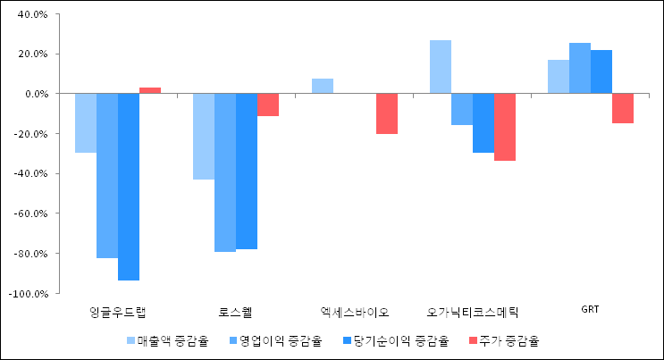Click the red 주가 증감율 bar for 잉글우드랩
pyautogui.click(x=150, y=90)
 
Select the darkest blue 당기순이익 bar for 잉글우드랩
pyautogui.click(x=129, y=187)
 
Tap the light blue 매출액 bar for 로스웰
pyautogui.click(x=204, y=137)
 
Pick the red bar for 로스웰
pyautogui.click(x=268, y=105)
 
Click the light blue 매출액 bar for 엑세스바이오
pyautogui.click(x=323, y=86)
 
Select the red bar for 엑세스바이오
pyautogui.click(x=387, y=113)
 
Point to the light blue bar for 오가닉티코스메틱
pyautogui.click(x=441, y=67)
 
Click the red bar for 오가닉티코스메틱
pyautogui.click(x=505, y=127)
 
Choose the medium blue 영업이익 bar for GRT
pyautogui.click(x=580, y=68)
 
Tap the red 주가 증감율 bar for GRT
pyautogui.click(x=623, y=108)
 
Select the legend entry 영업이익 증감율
pyautogui.click(x=274, y=340)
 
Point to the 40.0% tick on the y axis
pyautogui.click(x=32, y=14)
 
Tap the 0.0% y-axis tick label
pyautogui.click(x=36, y=94)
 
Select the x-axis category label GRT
pyautogui.click(x=590, y=310)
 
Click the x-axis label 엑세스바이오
pyautogui.click(x=355, y=312)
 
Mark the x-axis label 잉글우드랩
pyautogui.click(x=118, y=312)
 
